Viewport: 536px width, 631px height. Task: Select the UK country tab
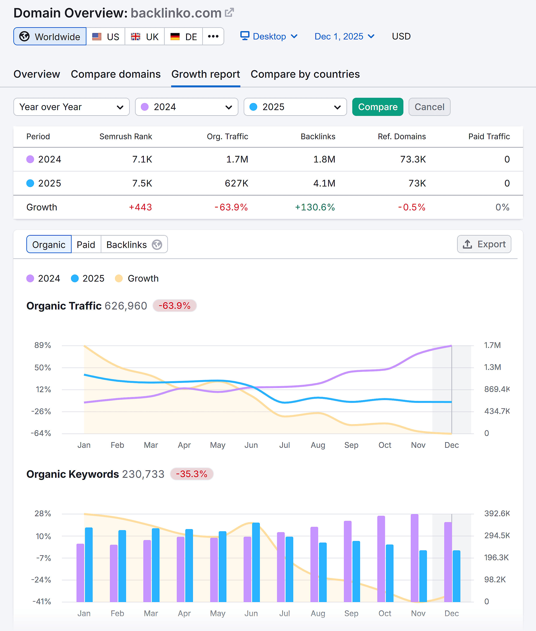pos(145,36)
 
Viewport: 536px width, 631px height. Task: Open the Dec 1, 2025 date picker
pos(344,36)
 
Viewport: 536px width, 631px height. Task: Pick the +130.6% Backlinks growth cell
pos(315,207)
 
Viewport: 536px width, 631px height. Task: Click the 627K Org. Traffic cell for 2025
pos(236,183)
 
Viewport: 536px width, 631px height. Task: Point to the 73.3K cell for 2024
pos(413,159)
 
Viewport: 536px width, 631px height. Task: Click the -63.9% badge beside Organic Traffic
pos(174,306)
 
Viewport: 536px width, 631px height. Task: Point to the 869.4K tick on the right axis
pos(497,389)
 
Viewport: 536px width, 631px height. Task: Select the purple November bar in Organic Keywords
pos(414,558)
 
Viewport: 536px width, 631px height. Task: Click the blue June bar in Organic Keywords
pos(256,563)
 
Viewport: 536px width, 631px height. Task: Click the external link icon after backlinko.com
pos(229,13)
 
